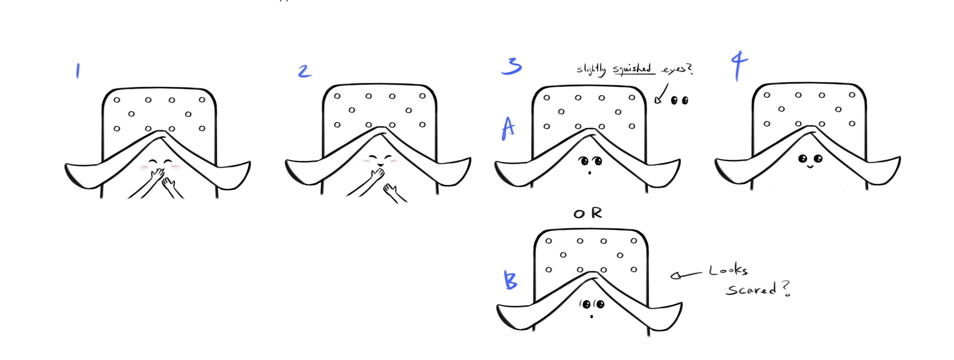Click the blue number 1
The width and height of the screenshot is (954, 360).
[78, 71]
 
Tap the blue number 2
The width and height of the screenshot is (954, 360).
[304, 71]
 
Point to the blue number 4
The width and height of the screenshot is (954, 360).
[739, 66]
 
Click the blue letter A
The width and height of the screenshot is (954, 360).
[508, 129]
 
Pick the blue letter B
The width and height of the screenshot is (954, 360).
[511, 280]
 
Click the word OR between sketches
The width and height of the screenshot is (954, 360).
[588, 213]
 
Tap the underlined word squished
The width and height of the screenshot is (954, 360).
[633, 69]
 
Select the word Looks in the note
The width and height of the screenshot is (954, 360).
[728, 270]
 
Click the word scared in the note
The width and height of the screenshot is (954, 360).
[751, 290]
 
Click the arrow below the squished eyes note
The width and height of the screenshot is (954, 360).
[661, 94]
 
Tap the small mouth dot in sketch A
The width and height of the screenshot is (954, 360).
[590, 173]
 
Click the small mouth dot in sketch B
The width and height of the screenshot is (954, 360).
[591, 317]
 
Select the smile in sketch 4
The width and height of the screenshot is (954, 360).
[810, 167]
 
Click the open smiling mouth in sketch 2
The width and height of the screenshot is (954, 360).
[379, 164]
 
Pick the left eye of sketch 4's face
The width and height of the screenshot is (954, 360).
[802, 159]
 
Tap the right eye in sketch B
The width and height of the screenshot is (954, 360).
[600, 304]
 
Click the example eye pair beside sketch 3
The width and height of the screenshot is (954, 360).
[679, 100]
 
